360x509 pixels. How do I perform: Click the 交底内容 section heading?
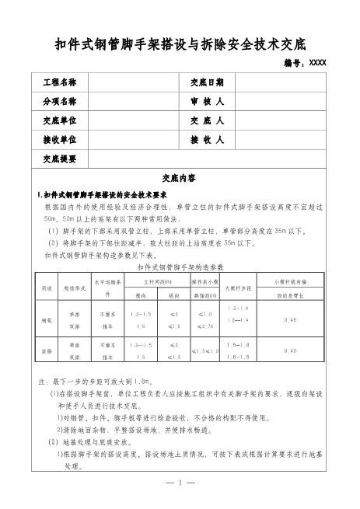click(180, 178)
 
